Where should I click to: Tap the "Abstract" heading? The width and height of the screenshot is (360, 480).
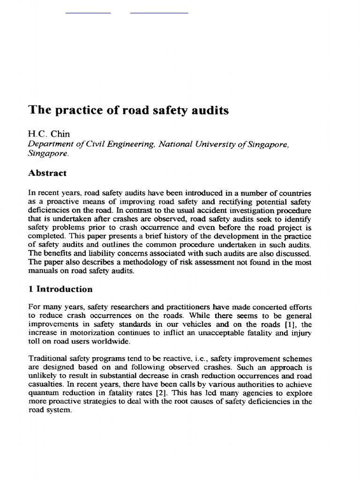pyautogui.click(x=47, y=173)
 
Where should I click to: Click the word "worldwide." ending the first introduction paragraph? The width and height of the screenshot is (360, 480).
pyautogui.click(x=112, y=341)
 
